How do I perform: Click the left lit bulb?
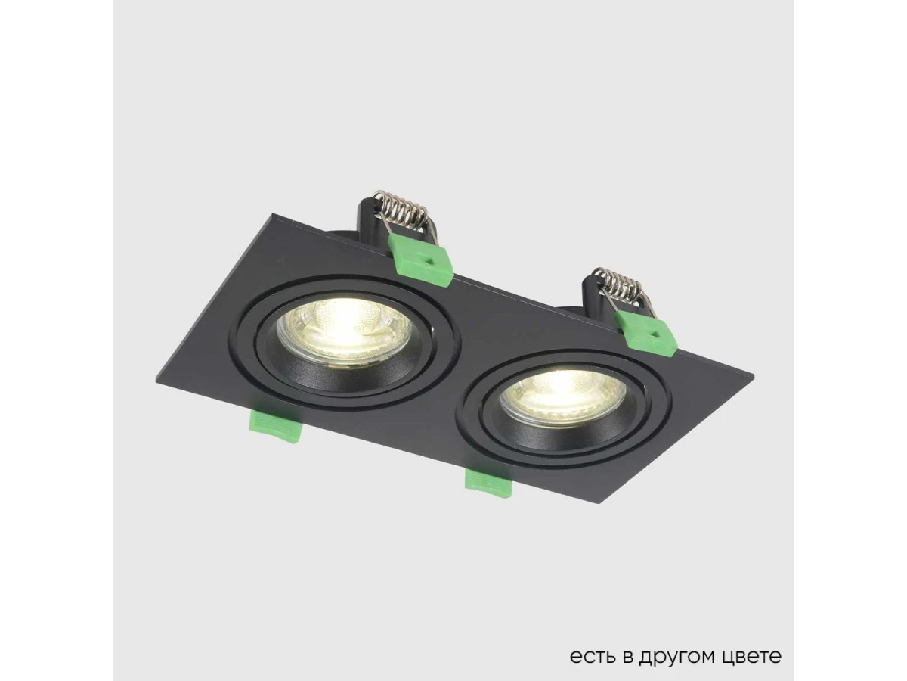coord(344,331)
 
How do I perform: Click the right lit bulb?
coord(562,396)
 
